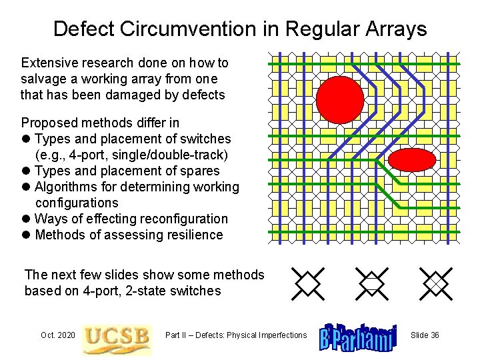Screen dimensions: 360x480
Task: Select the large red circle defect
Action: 340,100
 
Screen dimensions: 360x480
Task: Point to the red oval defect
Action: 411,160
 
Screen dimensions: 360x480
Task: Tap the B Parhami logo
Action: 358,335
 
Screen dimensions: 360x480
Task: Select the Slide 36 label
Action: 425,335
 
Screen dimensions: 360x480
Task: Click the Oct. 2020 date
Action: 58,335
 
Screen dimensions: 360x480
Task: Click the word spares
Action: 201,171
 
